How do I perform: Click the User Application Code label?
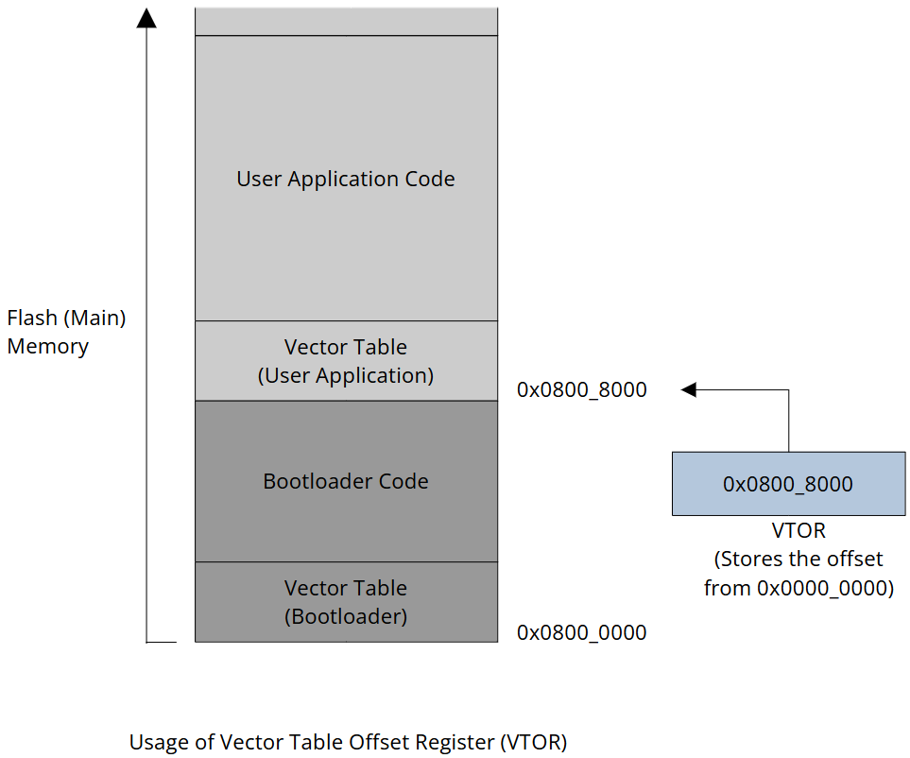tap(345, 179)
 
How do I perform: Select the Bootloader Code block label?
tap(345, 481)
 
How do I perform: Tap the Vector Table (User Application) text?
tap(345, 361)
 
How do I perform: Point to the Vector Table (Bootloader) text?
tap(345, 602)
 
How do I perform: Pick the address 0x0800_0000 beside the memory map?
tap(581, 632)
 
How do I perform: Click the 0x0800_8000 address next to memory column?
tap(581, 389)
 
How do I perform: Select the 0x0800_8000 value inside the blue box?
tap(787, 484)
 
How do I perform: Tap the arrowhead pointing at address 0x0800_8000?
tap(689, 389)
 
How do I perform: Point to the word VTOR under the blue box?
tap(798, 531)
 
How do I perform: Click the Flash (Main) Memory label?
tap(65, 332)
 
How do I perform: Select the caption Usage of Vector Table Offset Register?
tap(348, 742)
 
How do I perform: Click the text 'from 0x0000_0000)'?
tap(798, 588)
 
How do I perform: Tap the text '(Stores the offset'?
tap(798, 560)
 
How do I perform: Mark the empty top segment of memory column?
tap(345, 21)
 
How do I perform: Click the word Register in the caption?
tap(457, 742)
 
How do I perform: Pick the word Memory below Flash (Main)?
tap(47, 346)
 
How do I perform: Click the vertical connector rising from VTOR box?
tap(788, 421)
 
